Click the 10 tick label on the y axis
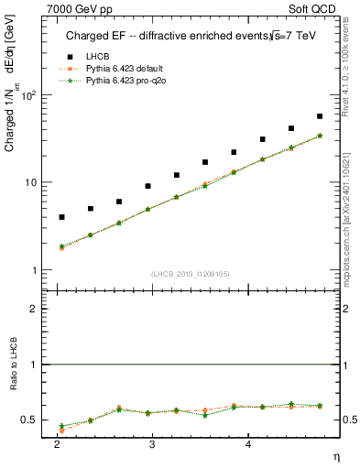[33, 182]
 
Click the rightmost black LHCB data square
[320, 116]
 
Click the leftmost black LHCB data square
[61, 217]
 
